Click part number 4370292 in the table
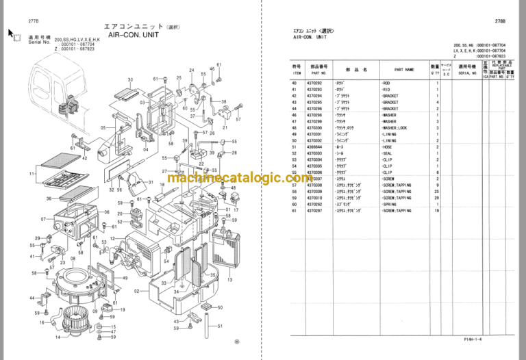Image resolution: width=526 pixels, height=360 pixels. click(315, 83)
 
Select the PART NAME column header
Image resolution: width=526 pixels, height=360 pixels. click(404, 69)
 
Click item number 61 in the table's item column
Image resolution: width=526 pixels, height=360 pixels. click(295, 211)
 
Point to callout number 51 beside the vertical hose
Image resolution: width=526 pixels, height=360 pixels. click(221, 307)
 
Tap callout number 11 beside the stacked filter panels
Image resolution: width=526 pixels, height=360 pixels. click(32, 174)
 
